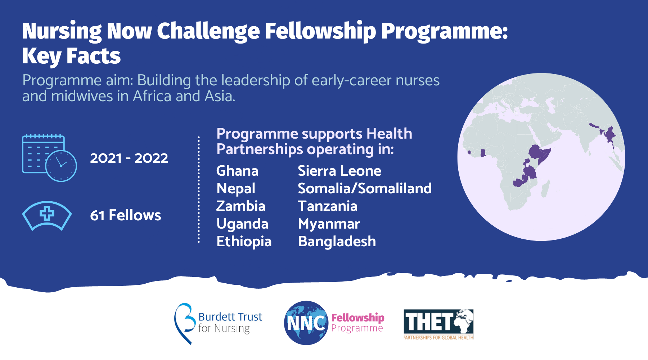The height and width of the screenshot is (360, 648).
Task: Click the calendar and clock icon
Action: [x=49, y=158]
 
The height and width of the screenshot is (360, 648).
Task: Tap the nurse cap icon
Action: [x=47, y=216]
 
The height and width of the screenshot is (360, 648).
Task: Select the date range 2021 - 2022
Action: [x=129, y=158]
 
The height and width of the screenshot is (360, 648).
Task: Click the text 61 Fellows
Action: [x=125, y=215]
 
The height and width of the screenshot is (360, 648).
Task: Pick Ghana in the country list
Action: [x=237, y=171]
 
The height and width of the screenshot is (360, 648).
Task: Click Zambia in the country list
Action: [x=241, y=206]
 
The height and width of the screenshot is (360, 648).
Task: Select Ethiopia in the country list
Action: [x=244, y=242]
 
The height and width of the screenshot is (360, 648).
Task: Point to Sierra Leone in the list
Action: [x=339, y=171]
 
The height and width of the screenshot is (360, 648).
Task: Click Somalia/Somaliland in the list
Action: [x=365, y=189]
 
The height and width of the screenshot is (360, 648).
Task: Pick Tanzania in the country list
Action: [x=328, y=206]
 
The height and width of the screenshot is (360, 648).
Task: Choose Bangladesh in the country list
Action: [x=337, y=242]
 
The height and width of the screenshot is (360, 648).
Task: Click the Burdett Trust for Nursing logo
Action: [x=218, y=323]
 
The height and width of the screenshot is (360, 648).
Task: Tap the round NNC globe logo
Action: [x=306, y=323]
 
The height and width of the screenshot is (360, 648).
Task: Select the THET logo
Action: [x=438, y=324]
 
